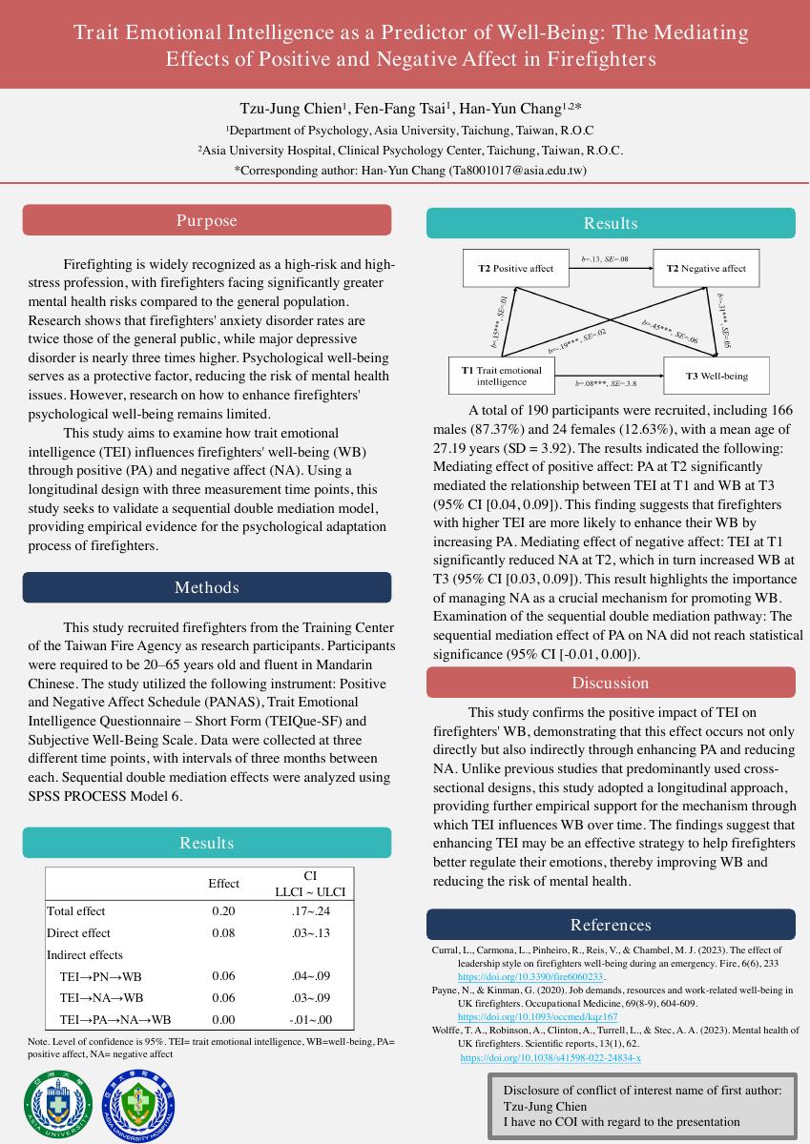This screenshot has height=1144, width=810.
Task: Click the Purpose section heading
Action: tap(206, 220)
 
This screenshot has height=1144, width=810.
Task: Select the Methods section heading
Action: tap(206, 587)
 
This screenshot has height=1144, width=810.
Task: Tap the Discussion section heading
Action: tap(610, 683)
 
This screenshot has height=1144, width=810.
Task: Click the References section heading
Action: tap(610, 925)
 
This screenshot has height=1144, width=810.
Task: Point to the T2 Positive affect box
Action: tap(515, 268)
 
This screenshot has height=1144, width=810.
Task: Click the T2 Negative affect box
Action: tap(706, 268)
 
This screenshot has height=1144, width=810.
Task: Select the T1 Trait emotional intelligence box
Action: tap(501, 375)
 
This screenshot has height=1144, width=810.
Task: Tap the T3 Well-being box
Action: tap(717, 376)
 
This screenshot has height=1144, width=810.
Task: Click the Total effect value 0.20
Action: tap(223, 911)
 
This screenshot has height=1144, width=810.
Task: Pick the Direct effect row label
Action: tap(78, 933)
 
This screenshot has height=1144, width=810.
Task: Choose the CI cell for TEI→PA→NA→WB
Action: tap(310, 1020)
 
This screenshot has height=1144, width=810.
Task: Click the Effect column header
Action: tap(223, 884)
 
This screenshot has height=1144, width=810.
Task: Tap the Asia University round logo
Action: tap(57, 1106)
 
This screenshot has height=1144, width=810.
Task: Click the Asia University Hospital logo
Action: tap(139, 1106)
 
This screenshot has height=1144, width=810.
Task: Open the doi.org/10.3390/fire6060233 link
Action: tap(530, 977)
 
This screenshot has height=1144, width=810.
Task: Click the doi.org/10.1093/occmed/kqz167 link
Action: tap(537, 1017)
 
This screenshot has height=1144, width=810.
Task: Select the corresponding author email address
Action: tap(516, 171)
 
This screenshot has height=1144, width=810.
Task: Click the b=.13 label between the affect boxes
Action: tap(605, 259)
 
